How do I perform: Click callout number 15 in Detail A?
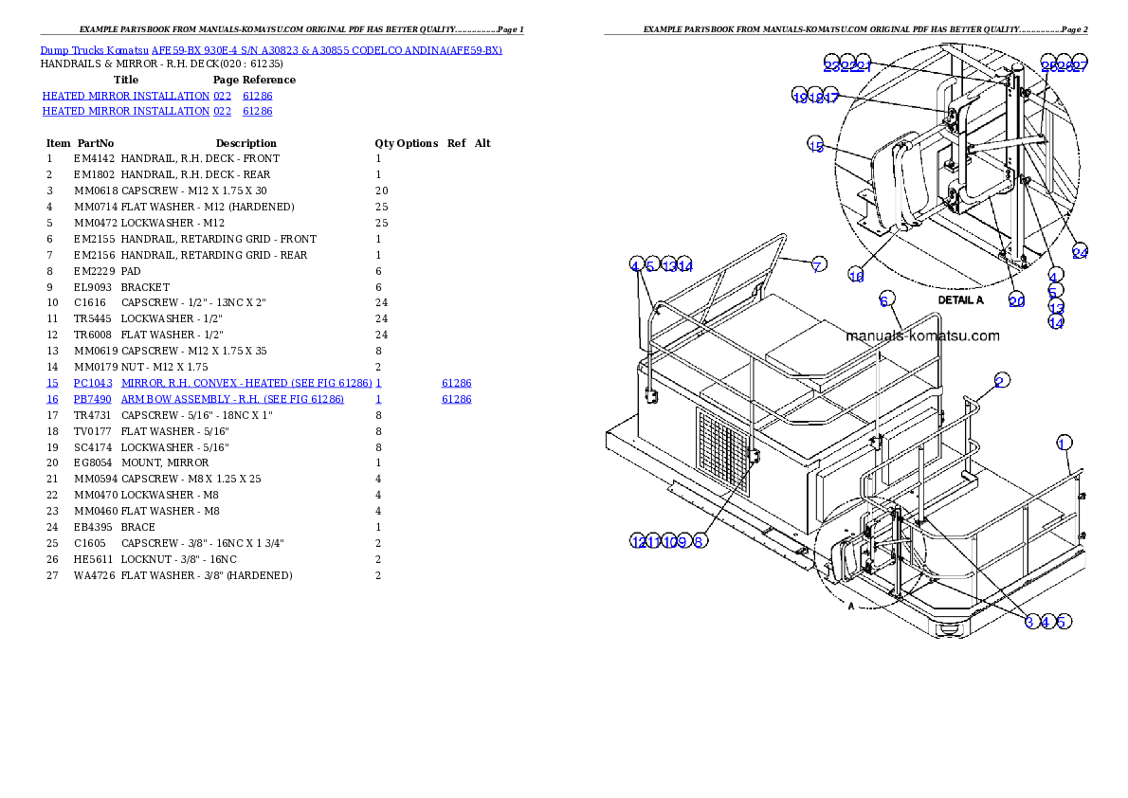(x=816, y=145)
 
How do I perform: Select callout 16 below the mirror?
(x=856, y=276)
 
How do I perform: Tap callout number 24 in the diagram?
(x=1080, y=252)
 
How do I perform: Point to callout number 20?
(x=1016, y=301)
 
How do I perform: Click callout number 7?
(x=818, y=265)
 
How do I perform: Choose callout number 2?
(x=1000, y=381)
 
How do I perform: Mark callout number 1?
(x=1064, y=444)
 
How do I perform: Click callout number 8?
(x=699, y=541)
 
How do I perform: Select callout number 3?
(x=1030, y=622)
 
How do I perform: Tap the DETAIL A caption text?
(x=960, y=299)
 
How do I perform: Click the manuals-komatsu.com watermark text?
(x=921, y=336)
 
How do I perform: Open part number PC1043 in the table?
(x=93, y=383)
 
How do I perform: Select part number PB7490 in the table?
(x=93, y=400)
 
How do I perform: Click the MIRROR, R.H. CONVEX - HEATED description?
(x=246, y=383)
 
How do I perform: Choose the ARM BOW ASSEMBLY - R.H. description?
(x=232, y=400)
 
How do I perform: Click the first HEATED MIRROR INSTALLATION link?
(x=125, y=97)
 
